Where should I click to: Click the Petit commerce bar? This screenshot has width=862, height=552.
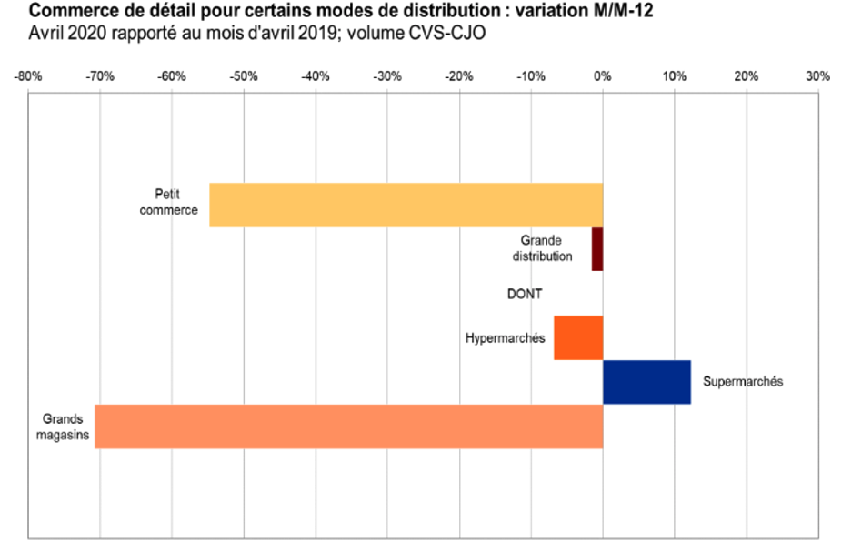tap(406, 205)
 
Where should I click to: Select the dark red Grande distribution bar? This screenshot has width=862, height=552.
tap(597, 248)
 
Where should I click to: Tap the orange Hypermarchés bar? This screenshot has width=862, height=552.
tap(578, 337)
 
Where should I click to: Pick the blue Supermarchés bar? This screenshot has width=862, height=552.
tap(646, 382)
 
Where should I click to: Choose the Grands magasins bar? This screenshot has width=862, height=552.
tap(348, 427)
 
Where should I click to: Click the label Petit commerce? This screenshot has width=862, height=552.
tap(175, 203)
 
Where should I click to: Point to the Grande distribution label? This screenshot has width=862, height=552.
tap(542, 248)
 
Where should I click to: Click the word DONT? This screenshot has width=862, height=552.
tap(525, 294)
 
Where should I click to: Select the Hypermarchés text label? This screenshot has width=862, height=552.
tap(505, 338)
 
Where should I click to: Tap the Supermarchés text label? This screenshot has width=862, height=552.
tap(743, 382)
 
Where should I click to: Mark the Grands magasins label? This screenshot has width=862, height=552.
tap(63, 427)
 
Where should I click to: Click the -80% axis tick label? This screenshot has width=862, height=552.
tap(28, 76)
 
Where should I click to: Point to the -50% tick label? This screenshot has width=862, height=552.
tap(244, 76)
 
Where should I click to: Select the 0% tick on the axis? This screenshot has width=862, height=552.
tap(602, 76)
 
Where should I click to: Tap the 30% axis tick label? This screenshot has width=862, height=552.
tap(817, 76)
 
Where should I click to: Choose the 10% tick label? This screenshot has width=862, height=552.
tap(674, 76)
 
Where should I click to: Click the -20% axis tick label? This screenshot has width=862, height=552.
tap(459, 76)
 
